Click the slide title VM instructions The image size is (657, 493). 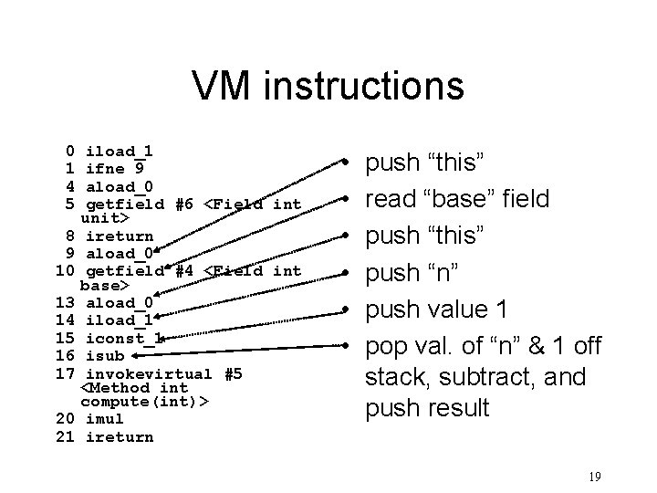pyautogui.click(x=328, y=87)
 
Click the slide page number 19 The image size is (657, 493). pyautogui.click(x=595, y=476)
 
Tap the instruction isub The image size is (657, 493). pyautogui.click(x=103, y=354)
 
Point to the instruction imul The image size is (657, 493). pyautogui.click(x=103, y=419)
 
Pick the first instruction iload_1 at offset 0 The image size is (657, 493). pyautogui.click(x=119, y=151)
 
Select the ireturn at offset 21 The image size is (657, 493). pyautogui.click(x=119, y=436)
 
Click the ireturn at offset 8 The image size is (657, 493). pyautogui.click(x=119, y=236)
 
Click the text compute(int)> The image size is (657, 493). pyautogui.click(x=144, y=402)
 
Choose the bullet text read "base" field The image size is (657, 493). pyautogui.click(x=457, y=198)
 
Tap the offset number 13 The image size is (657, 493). pyautogui.click(x=64, y=302)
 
